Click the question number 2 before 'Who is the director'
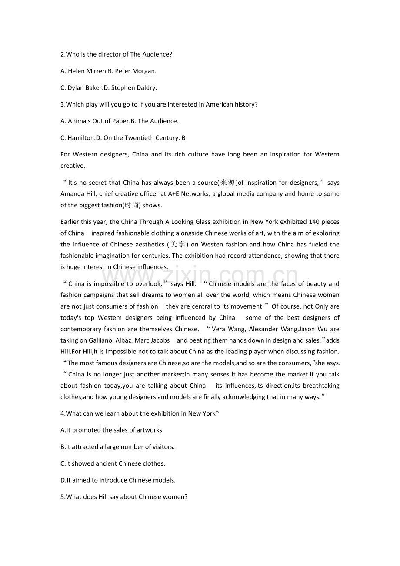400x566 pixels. click(x=62, y=54)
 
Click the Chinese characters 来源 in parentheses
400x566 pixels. click(x=228, y=183)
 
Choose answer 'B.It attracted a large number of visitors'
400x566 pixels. click(x=117, y=447)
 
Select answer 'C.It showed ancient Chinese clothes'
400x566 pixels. click(x=113, y=463)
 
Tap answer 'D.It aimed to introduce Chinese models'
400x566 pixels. click(x=118, y=480)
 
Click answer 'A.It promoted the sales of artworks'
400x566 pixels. click(x=112, y=430)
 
